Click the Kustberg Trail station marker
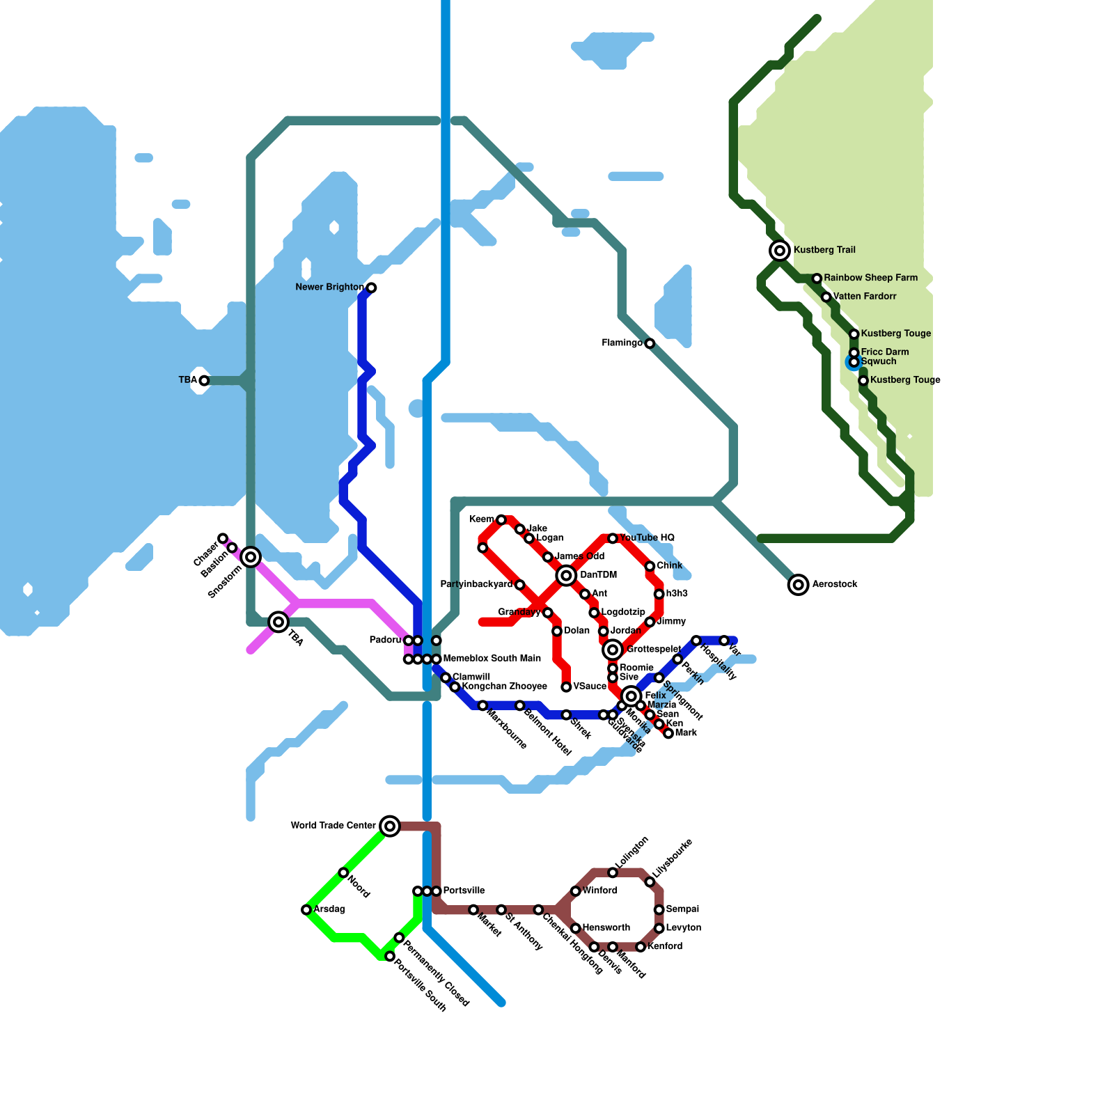(x=780, y=251)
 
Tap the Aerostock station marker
(x=799, y=585)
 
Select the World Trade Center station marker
(x=391, y=826)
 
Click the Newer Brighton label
(x=329, y=288)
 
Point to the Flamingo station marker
(x=650, y=344)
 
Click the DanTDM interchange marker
(x=567, y=575)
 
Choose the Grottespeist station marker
(x=613, y=650)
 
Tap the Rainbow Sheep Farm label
(x=870, y=278)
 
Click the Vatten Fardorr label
(x=865, y=297)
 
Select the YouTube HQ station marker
(x=613, y=539)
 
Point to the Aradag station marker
(x=306, y=910)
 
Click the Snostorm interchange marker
(x=251, y=557)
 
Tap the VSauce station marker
(x=567, y=688)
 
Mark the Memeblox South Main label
(x=492, y=659)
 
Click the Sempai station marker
(x=659, y=910)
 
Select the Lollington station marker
(x=613, y=873)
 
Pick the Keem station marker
(x=501, y=520)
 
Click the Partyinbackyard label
(x=476, y=585)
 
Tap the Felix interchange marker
(x=631, y=696)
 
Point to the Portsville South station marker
(x=390, y=957)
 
